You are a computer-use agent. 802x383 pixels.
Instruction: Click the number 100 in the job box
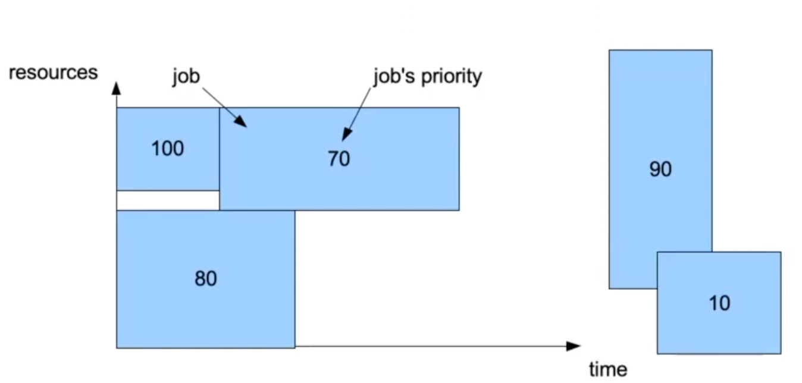(167, 149)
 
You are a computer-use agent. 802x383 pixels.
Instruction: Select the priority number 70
(339, 159)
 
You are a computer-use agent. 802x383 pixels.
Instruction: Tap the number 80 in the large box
(206, 278)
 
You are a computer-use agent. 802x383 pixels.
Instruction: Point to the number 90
(660, 169)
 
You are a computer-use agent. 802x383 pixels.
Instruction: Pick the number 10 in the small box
(719, 303)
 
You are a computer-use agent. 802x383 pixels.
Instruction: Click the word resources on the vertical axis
(53, 73)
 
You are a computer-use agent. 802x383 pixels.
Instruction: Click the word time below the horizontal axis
(607, 369)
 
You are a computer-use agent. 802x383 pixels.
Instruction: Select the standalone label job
(186, 76)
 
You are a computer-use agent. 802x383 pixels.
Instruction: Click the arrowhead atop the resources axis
(117, 88)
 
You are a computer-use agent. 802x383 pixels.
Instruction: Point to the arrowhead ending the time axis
(574, 346)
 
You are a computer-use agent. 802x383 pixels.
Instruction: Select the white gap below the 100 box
(168, 200)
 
